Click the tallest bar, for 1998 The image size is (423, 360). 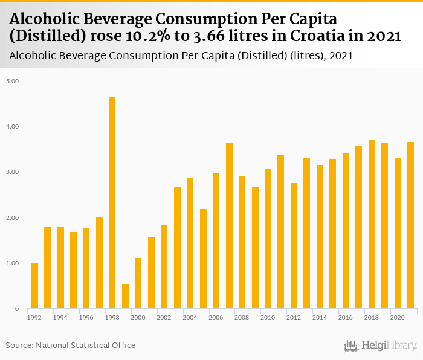click(x=112, y=202)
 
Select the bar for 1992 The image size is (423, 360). click(x=34, y=286)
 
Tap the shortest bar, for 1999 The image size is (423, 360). click(x=125, y=296)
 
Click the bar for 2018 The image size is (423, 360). click(x=372, y=224)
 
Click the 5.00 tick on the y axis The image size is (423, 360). click(x=13, y=80)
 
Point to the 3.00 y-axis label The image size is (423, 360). click(x=13, y=172)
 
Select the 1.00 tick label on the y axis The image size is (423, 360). click(x=13, y=263)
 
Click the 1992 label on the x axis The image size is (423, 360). click(x=34, y=317)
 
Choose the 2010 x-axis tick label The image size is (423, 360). click(x=268, y=317)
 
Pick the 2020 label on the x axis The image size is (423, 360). click(x=398, y=317)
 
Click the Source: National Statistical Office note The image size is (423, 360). click(x=71, y=345)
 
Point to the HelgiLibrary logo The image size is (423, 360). click(x=381, y=346)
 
